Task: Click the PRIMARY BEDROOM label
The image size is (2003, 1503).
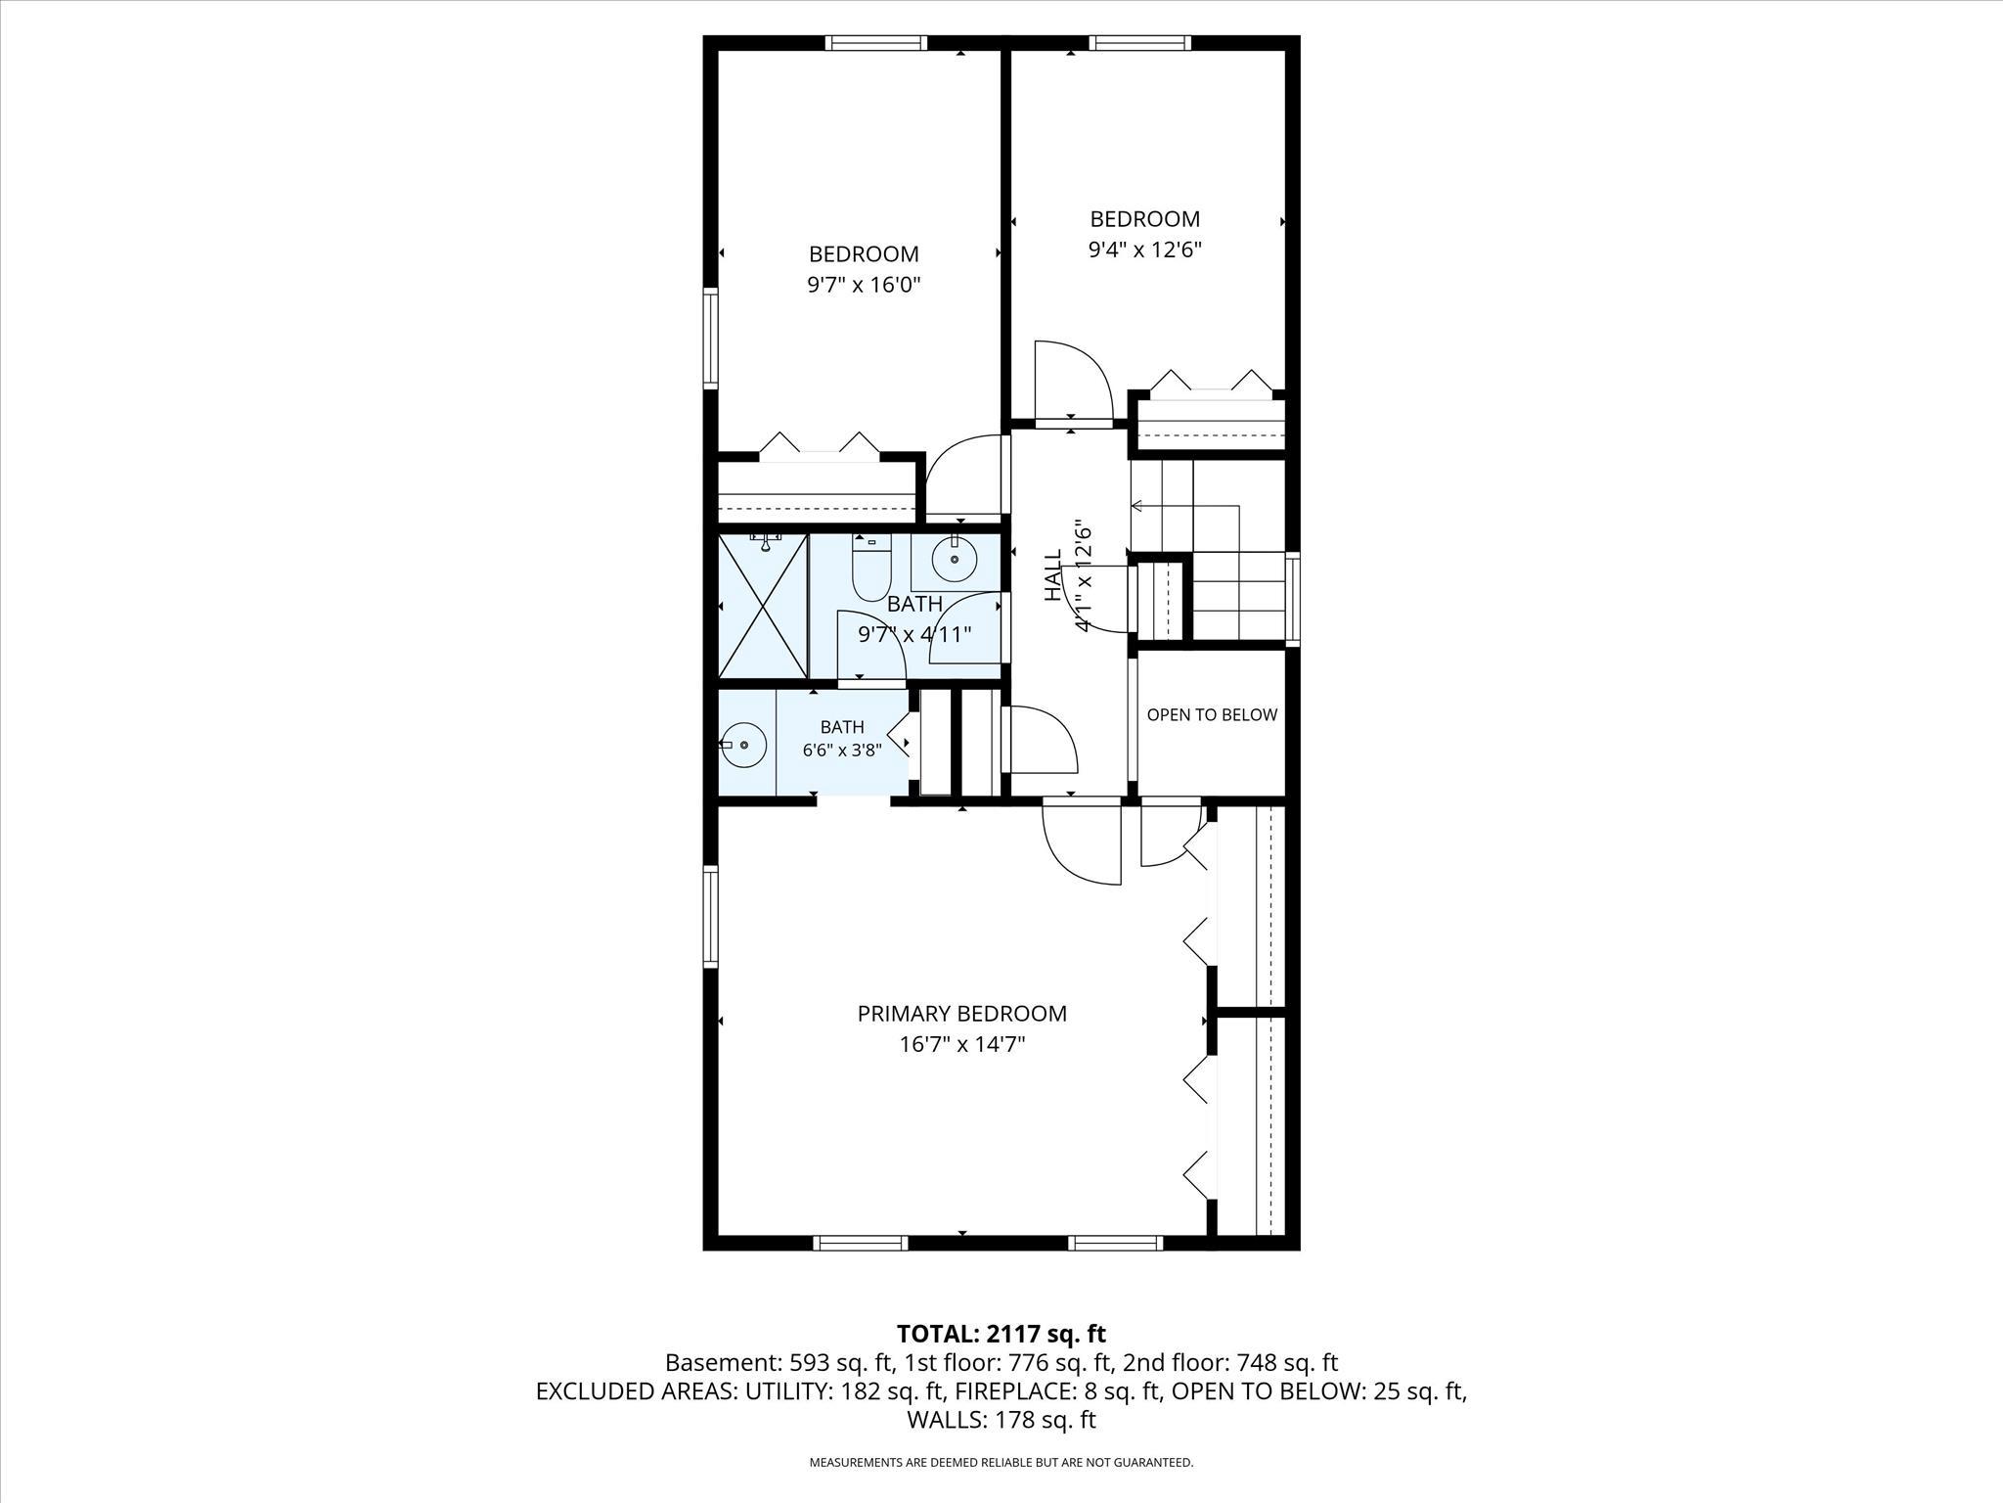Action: [961, 1014]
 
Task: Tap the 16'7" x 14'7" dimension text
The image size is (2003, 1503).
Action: [961, 1045]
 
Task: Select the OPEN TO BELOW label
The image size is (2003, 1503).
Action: [1212, 715]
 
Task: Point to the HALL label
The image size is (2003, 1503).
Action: [1053, 575]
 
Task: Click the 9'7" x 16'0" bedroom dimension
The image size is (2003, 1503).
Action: [864, 286]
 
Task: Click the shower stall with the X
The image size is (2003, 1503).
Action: [763, 605]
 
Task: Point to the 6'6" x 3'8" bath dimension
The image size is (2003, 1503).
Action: [842, 751]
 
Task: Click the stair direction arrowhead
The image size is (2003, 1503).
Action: [1136, 506]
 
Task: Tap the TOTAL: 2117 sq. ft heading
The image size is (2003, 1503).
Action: [1001, 1334]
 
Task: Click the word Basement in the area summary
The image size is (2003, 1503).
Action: [718, 1363]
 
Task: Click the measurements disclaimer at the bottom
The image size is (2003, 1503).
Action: [1001, 1463]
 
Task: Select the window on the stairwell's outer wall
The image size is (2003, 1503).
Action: [1293, 599]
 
